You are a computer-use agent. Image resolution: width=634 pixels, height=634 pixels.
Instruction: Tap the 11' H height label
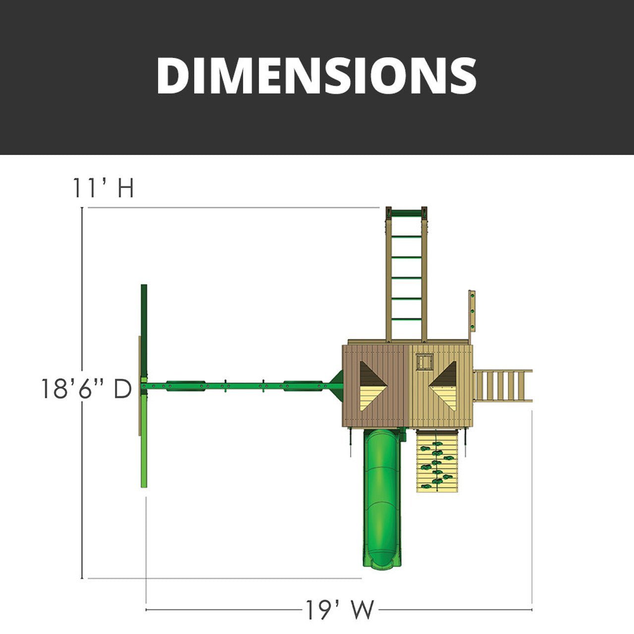pos(104,188)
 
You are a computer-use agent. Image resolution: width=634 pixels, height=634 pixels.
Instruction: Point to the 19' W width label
pos(339,610)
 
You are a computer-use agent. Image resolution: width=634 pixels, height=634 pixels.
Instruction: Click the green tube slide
pos(382,490)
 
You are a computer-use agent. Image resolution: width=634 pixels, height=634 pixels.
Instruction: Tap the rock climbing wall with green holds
pos(436,461)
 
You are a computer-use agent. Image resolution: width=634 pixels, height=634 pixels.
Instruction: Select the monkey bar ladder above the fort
pos(406,277)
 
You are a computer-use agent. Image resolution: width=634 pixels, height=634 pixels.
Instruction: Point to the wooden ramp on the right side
pos(502,385)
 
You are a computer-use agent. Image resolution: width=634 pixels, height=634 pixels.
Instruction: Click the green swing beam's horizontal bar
pos(238,385)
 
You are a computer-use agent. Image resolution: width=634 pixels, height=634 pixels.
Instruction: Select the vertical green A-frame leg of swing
pos(144,386)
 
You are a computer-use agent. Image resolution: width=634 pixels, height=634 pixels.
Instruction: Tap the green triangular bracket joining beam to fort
pos(337,385)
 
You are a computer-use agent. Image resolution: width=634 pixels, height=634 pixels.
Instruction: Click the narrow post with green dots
pos(472,312)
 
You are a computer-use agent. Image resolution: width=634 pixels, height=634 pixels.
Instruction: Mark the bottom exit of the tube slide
pos(382,560)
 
